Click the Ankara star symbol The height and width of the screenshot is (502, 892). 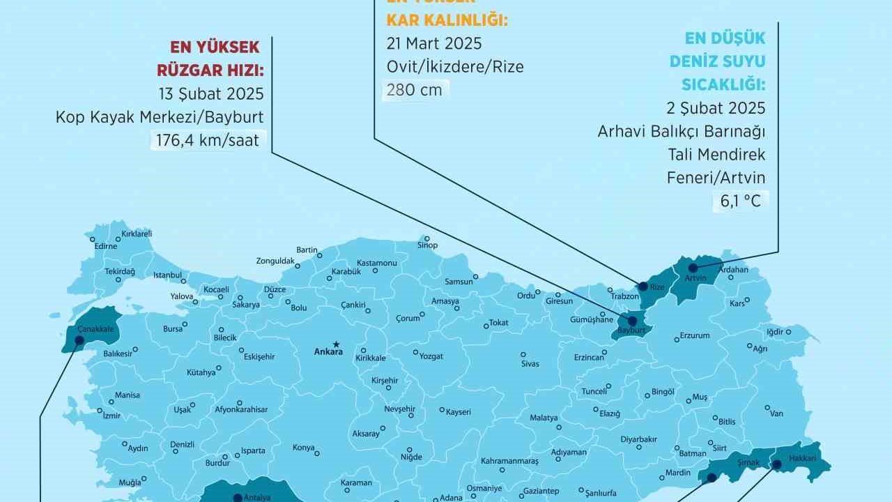(x=337, y=344)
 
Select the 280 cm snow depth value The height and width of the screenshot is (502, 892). (x=415, y=90)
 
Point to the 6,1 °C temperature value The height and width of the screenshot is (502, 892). (x=739, y=201)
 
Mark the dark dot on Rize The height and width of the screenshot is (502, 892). (x=642, y=284)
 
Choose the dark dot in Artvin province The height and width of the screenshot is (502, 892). (x=693, y=268)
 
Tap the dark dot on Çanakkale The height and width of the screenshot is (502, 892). (x=79, y=340)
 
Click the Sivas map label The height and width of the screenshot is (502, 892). (x=530, y=364)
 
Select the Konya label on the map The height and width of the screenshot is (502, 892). (x=304, y=448)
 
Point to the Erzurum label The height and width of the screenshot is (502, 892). (x=694, y=335)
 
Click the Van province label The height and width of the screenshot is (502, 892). (x=776, y=413)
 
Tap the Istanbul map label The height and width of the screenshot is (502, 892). (x=167, y=275)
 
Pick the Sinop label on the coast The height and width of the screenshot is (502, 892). (x=427, y=245)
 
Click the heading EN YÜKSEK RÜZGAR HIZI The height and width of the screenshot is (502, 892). (x=215, y=59)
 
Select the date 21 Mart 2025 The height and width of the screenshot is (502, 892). (x=434, y=43)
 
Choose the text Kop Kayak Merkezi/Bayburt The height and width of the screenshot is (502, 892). (x=160, y=117)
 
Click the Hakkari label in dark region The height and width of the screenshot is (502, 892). (x=802, y=458)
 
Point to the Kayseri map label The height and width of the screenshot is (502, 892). (x=459, y=411)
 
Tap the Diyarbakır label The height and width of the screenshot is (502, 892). (x=638, y=439)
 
